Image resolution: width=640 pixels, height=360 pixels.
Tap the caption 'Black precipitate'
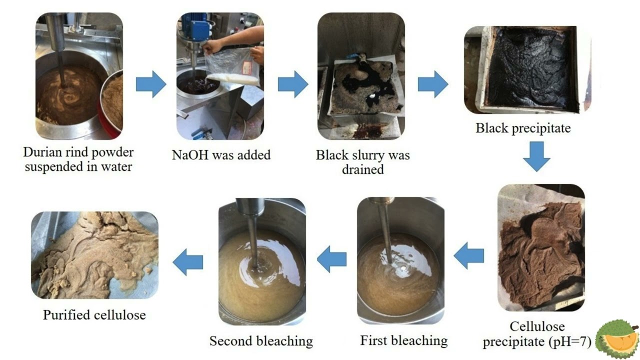click(523, 128)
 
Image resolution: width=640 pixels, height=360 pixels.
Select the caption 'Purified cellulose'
click(94, 315)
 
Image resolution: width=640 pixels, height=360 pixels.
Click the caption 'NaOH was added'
click(221, 155)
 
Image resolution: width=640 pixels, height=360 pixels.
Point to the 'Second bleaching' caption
click(261, 341)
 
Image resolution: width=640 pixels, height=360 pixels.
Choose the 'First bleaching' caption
click(403, 340)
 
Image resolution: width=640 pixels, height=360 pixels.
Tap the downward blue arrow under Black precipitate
click(536, 156)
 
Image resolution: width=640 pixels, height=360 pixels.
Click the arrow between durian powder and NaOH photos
click(151, 84)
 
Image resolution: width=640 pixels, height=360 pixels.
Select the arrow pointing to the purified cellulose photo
click(187, 262)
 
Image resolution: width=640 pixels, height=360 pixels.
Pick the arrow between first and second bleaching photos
click(331, 259)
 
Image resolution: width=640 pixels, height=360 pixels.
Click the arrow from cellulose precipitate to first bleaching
click(469, 255)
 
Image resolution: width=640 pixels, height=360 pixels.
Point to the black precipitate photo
click(527, 70)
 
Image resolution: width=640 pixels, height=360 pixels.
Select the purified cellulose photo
click(94, 255)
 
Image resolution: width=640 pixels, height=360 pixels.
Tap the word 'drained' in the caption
click(363, 169)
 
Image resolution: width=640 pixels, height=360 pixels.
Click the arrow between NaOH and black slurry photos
click(293, 84)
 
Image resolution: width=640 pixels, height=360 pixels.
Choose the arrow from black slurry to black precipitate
click(433, 84)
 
